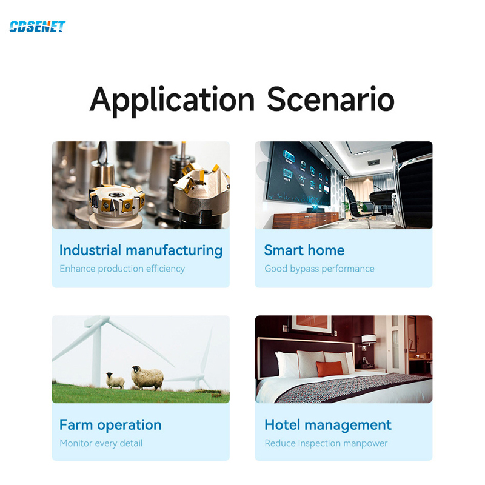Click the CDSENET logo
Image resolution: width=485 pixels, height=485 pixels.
tap(38, 27)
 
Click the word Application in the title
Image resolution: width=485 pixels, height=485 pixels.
tap(172, 100)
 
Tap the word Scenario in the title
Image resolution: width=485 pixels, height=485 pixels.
tap(330, 99)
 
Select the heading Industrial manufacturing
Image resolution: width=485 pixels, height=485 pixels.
tap(141, 250)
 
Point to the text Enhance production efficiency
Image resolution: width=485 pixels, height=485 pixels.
tap(122, 269)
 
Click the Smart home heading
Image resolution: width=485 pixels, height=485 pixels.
tap(304, 250)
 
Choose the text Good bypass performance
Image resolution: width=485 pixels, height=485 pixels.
tap(319, 269)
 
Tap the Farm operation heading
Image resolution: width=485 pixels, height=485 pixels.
tap(110, 425)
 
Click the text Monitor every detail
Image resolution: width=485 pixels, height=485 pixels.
tap(101, 443)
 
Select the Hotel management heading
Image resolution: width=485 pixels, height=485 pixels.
tap(328, 425)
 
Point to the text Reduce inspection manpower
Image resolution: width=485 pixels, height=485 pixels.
tap(326, 443)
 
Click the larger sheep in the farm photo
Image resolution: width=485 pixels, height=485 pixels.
tap(147, 378)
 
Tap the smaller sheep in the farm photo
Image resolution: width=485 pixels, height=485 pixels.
tap(115, 381)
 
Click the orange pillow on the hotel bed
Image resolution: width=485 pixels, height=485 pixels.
tap(330, 369)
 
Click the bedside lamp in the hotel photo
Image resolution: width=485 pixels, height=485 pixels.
tap(369, 339)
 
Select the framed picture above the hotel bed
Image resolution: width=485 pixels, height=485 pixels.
tap(312, 324)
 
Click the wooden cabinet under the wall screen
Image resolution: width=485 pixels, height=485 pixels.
tap(306, 220)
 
